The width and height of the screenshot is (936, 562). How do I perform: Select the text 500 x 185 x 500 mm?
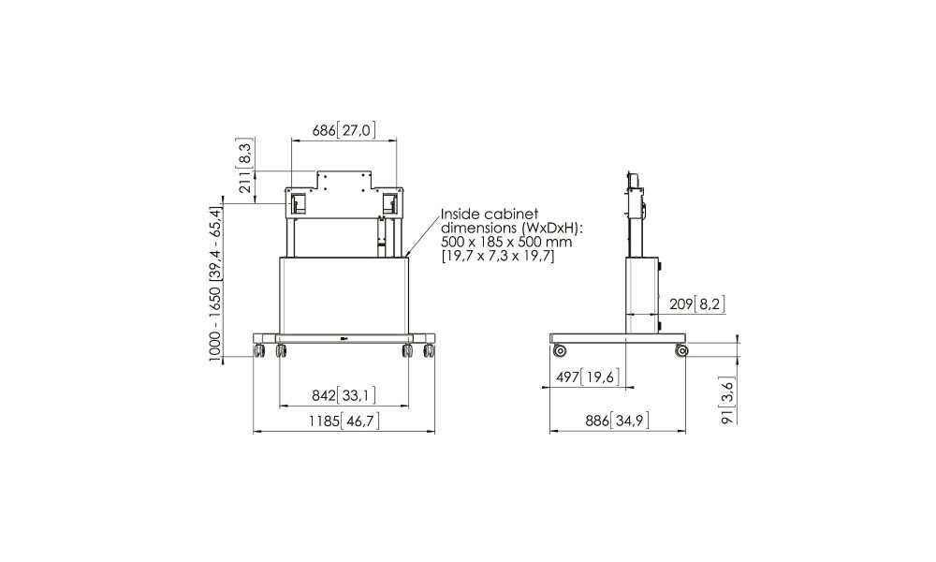point(506,242)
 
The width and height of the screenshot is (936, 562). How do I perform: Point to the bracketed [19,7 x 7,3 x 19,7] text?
point(498,257)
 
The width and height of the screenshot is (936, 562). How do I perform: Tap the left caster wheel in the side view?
point(560,350)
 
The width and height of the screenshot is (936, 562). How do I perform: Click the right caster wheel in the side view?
point(681,350)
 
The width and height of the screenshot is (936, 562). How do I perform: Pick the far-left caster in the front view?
point(259,351)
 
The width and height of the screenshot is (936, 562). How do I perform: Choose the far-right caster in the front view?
point(428,351)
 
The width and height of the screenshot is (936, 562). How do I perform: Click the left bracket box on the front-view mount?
point(298,203)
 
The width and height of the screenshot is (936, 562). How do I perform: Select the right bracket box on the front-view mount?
point(389,203)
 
